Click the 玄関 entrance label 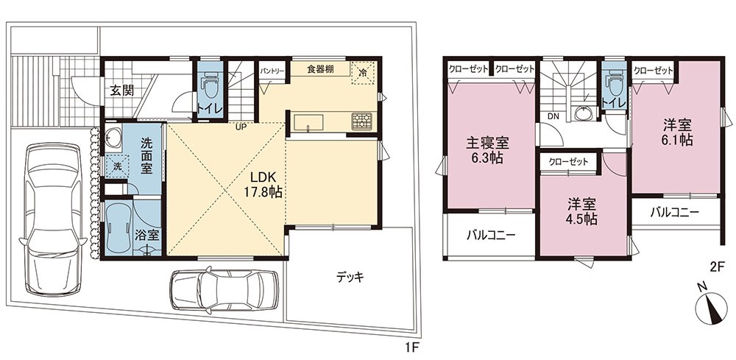coord(122,91)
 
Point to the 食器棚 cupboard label coord(321,70)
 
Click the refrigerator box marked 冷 coord(363,73)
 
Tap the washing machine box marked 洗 coord(116,166)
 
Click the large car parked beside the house coord(52,219)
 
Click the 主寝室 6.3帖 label coord(487,149)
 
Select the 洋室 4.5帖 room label coord(582,212)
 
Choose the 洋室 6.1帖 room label coord(677,133)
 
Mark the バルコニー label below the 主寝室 coord(490,235)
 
